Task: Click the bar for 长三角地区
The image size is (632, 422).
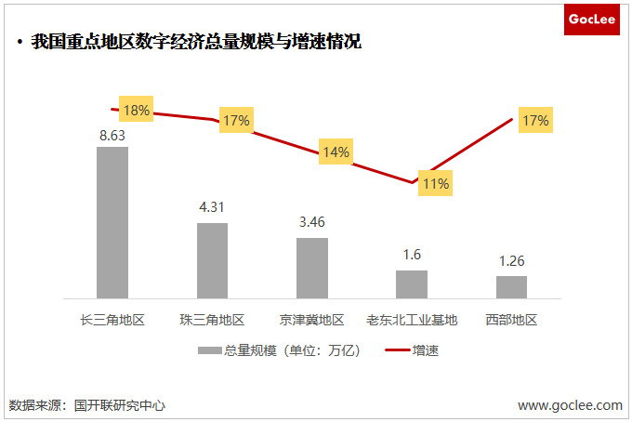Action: [112, 222]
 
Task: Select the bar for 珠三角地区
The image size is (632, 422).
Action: [212, 260]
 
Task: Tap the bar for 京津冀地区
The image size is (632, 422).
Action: [312, 268]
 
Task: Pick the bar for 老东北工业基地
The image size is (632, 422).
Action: [412, 284]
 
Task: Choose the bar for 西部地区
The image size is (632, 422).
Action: [511, 286]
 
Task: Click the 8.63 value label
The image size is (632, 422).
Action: [112, 135]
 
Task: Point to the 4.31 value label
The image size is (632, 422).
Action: [212, 207]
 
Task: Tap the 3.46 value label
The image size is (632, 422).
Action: [312, 223]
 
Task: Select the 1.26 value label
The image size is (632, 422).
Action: [511, 260]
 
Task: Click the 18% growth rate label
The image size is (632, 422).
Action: [137, 110]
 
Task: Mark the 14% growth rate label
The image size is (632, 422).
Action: [335, 152]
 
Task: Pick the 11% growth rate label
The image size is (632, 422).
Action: [434, 183]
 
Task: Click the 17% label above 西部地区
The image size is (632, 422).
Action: [535, 120]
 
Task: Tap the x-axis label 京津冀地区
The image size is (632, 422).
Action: [312, 321]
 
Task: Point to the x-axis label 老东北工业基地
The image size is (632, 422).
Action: [412, 321]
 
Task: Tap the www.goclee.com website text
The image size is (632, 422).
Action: [570, 405]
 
